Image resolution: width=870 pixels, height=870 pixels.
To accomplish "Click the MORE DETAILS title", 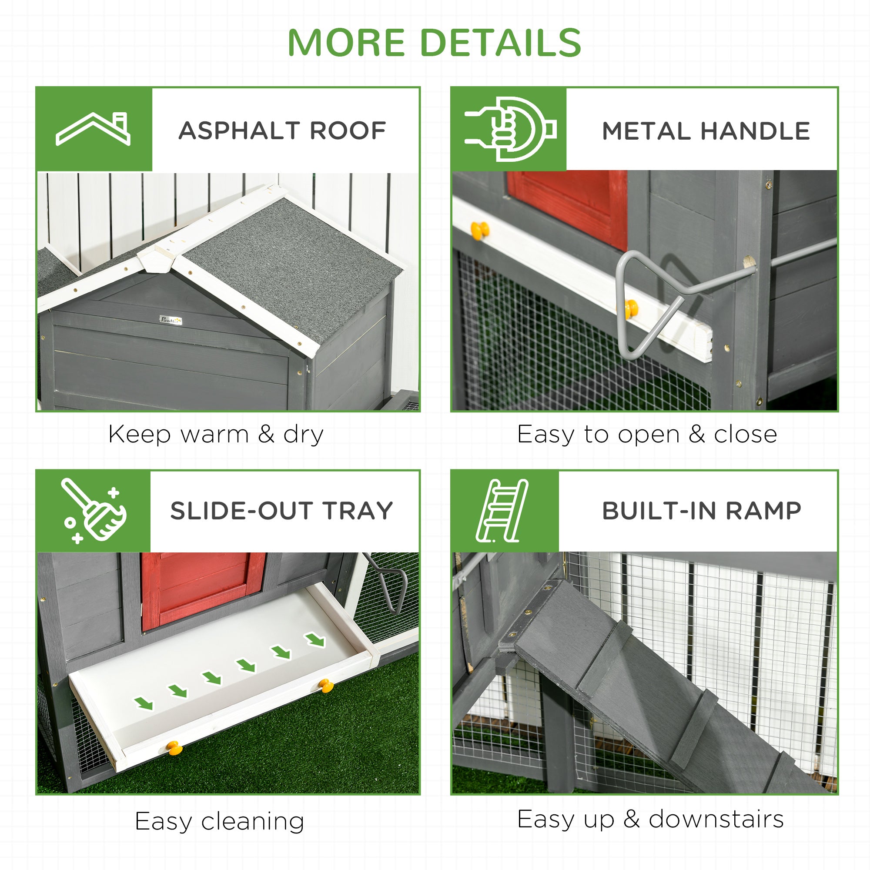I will click(434, 43).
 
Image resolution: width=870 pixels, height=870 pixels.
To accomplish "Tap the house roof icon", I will click(93, 129).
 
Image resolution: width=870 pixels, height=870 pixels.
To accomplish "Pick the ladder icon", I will click(502, 511).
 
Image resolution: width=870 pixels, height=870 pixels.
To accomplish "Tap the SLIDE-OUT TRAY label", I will click(281, 511).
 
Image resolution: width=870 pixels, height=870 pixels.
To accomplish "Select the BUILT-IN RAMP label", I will click(701, 511).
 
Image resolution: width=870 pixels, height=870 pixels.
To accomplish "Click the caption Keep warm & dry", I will click(216, 435).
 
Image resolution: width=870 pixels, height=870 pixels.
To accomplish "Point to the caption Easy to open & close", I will click(647, 435).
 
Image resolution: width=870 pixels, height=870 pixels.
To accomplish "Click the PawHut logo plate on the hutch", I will click(171, 320).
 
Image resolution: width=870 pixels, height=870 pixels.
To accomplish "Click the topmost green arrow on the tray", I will click(315, 639).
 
